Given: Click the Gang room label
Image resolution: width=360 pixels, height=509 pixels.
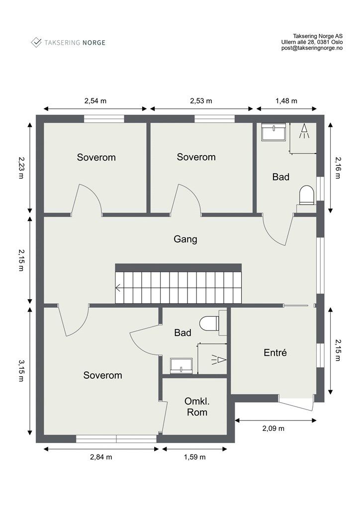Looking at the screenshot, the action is [x=185, y=240].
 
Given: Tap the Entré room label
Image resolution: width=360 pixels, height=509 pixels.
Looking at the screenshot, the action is [x=275, y=352].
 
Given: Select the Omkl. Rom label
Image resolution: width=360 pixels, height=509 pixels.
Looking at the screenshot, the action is [x=197, y=407].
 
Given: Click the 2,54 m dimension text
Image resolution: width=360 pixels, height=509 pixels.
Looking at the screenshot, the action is [x=95, y=100].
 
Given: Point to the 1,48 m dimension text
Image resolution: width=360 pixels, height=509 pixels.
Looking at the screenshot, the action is [x=286, y=100].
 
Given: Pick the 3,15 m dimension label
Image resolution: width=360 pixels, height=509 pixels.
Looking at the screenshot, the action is [x=21, y=370].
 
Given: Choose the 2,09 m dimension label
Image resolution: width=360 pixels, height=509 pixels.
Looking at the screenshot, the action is [x=273, y=428].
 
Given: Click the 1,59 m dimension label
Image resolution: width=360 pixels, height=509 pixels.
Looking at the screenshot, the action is [x=195, y=457].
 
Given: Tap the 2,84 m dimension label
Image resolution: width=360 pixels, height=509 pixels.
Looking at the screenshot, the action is [x=101, y=457].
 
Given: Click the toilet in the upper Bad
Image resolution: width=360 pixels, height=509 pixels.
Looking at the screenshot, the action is [x=307, y=195].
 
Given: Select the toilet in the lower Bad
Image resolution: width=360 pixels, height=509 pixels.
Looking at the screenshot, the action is [x=209, y=324].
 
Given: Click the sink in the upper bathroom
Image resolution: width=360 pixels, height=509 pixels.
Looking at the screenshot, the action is [x=273, y=132].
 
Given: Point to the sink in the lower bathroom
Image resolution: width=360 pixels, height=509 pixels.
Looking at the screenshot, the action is [x=181, y=366].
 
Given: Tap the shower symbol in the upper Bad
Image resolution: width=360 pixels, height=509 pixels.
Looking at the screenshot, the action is [x=304, y=131].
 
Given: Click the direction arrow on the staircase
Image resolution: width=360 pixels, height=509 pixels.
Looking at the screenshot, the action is [x=118, y=288].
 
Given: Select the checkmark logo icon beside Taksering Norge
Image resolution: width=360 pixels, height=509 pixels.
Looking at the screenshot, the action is [x=36, y=42].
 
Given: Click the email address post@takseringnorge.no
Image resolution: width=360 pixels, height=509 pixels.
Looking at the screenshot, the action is [x=312, y=48].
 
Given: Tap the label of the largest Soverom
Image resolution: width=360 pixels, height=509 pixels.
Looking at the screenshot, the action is [x=102, y=375].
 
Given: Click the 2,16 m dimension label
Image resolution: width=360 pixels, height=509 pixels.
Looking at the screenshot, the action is [x=338, y=168].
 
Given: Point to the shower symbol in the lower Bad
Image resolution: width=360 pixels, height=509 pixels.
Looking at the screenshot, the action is [x=219, y=360].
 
